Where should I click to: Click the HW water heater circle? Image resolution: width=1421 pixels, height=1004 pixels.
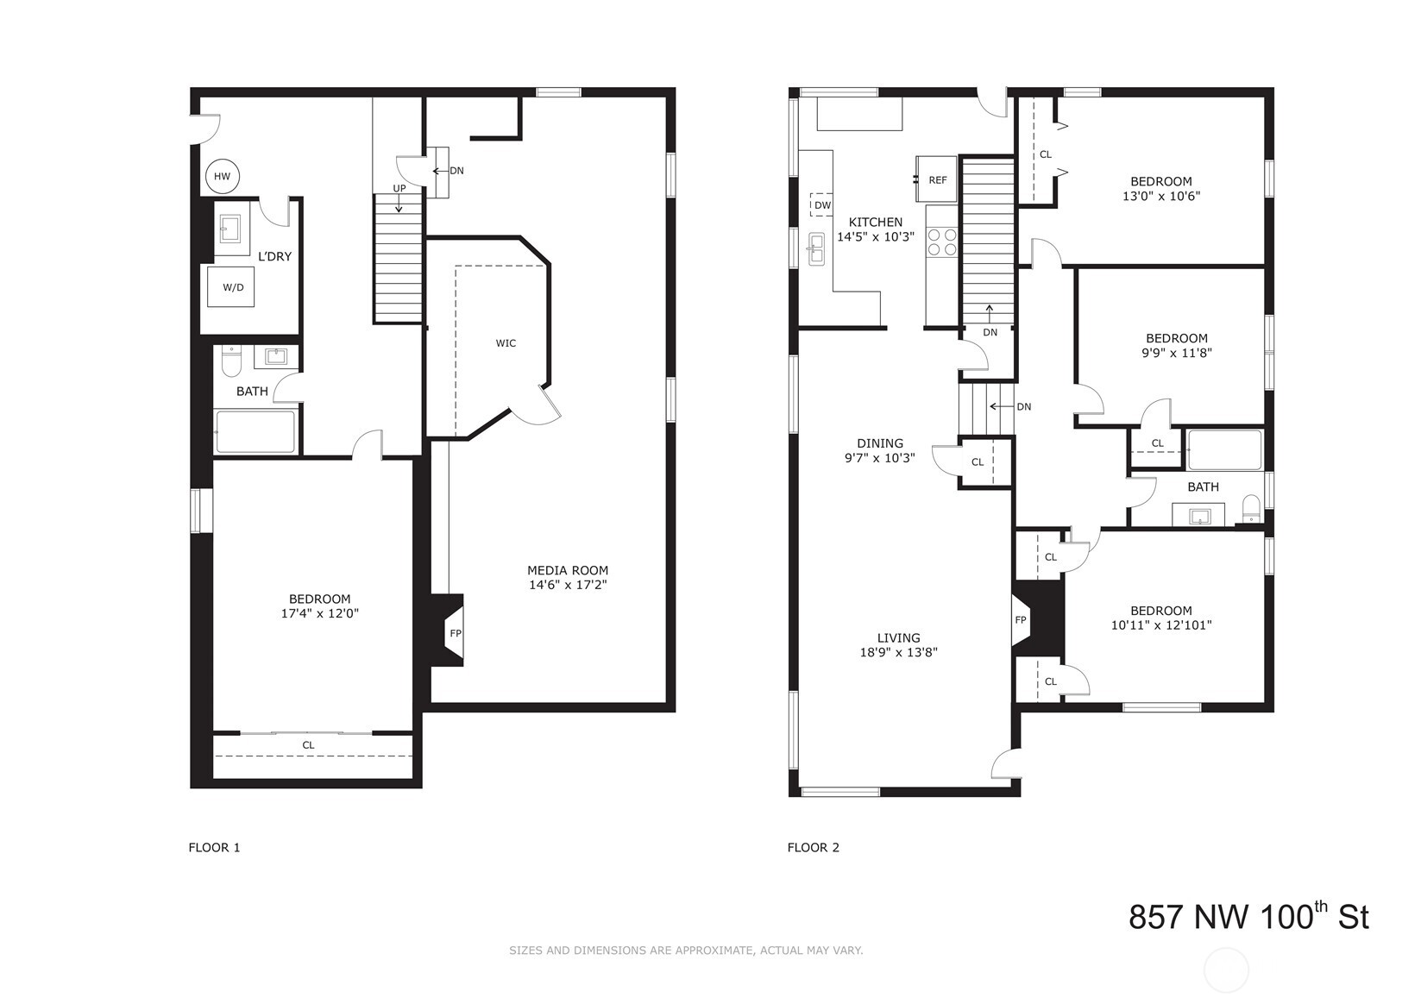223,177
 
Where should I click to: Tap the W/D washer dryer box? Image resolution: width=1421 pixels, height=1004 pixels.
233,287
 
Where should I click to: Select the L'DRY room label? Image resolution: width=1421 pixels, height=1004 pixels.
275,256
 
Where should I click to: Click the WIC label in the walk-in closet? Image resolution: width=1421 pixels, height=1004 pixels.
506,343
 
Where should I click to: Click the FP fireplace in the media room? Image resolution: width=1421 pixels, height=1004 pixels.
455,633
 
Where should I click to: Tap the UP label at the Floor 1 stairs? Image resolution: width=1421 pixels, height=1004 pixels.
399,188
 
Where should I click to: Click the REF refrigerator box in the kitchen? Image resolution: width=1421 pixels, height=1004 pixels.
937,179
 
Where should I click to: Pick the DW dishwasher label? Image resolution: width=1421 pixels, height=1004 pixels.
822,205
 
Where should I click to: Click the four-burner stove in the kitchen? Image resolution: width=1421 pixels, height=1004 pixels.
941,242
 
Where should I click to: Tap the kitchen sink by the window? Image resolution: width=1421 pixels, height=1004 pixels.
815,249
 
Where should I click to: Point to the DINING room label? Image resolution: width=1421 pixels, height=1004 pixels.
879,443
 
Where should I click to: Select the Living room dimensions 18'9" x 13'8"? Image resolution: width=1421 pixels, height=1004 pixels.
898,653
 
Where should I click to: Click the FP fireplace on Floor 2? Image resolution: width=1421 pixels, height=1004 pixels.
1020,620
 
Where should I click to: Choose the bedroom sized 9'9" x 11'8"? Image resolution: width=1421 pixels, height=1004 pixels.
1176,345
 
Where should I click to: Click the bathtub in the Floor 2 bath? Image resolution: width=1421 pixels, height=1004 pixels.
1224,449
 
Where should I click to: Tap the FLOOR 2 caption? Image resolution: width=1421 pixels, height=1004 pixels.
813,847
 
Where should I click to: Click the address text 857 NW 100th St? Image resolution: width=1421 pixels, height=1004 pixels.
1248,916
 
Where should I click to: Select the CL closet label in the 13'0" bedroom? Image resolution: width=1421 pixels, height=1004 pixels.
1045,154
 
